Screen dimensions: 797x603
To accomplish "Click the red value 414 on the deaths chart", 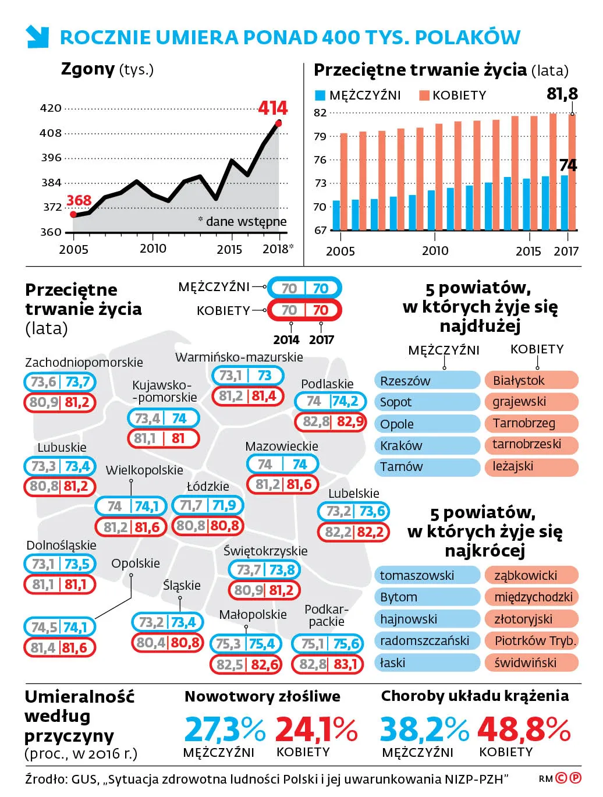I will [x=272, y=108].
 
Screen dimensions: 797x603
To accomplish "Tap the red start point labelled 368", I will [x=73, y=214].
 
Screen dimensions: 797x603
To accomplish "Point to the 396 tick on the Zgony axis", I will [x=51, y=158].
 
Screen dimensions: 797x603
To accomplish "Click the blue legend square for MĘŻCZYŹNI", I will [x=320, y=95].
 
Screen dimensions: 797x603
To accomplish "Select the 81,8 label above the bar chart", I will [x=562, y=94].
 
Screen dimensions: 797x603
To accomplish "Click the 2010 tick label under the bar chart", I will [x=435, y=251].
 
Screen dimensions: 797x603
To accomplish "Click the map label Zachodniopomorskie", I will [x=84, y=362].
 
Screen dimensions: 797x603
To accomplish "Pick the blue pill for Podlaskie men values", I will [x=330, y=401].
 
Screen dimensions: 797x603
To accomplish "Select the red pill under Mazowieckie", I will [x=283, y=484].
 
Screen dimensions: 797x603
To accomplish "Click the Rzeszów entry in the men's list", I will [x=427, y=381].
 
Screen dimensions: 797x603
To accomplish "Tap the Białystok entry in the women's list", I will [x=531, y=381].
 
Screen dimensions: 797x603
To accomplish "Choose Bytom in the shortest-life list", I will [x=427, y=597].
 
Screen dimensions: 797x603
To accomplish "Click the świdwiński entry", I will [x=531, y=663].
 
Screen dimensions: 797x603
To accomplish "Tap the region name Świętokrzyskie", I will [x=265, y=551].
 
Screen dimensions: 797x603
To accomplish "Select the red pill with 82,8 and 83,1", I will [x=328, y=664].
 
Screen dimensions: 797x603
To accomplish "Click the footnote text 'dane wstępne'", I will [x=246, y=221].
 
